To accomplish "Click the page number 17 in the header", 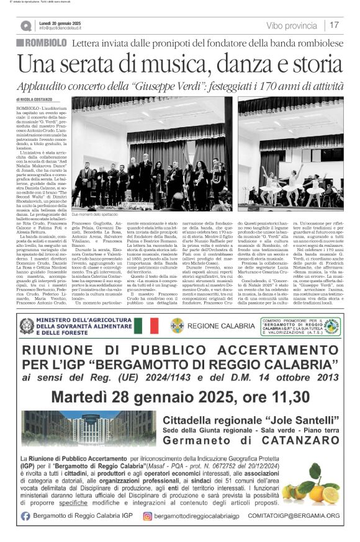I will [334, 25].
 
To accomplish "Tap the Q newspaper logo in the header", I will [25, 25].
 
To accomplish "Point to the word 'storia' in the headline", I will [307, 64].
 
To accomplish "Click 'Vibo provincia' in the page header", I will [291, 25].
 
